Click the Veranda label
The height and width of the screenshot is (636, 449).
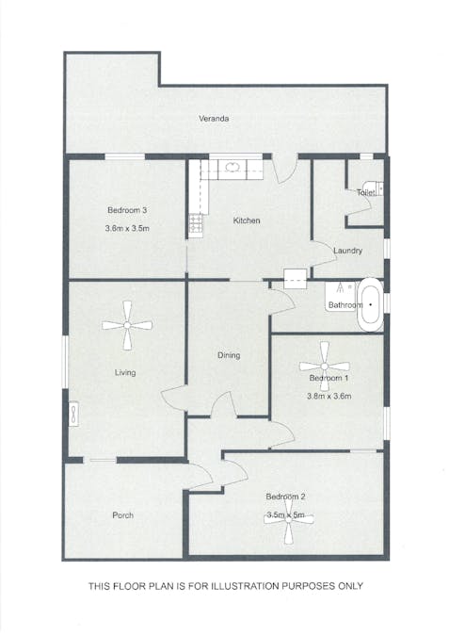tap(214, 119)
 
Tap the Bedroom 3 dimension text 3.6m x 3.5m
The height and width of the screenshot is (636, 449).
tap(127, 228)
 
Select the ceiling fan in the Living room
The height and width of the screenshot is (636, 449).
tap(127, 325)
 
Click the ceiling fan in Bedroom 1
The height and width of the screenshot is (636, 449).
tap(324, 367)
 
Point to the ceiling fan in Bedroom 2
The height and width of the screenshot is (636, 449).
tap(288, 521)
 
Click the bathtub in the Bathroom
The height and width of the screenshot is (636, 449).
tap(370, 304)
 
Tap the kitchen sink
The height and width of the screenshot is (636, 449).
tap(232, 167)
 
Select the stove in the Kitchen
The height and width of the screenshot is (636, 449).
tap(196, 224)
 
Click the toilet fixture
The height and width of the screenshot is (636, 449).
tap(373, 188)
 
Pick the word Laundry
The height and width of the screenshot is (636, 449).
tap(347, 251)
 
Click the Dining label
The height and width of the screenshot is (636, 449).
tap(229, 355)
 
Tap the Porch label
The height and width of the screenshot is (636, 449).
tap(122, 515)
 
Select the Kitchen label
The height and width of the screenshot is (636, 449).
tap(247, 220)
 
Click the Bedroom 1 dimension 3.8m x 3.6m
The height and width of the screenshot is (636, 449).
tap(329, 397)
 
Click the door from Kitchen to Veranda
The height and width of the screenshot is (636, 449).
tap(286, 170)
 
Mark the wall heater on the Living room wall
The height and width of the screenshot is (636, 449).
tap(73, 415)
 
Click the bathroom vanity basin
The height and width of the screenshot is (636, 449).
tap(340, 296)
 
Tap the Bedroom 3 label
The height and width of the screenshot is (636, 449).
tap(127, 210)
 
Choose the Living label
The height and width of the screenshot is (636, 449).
tap(125, 372)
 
